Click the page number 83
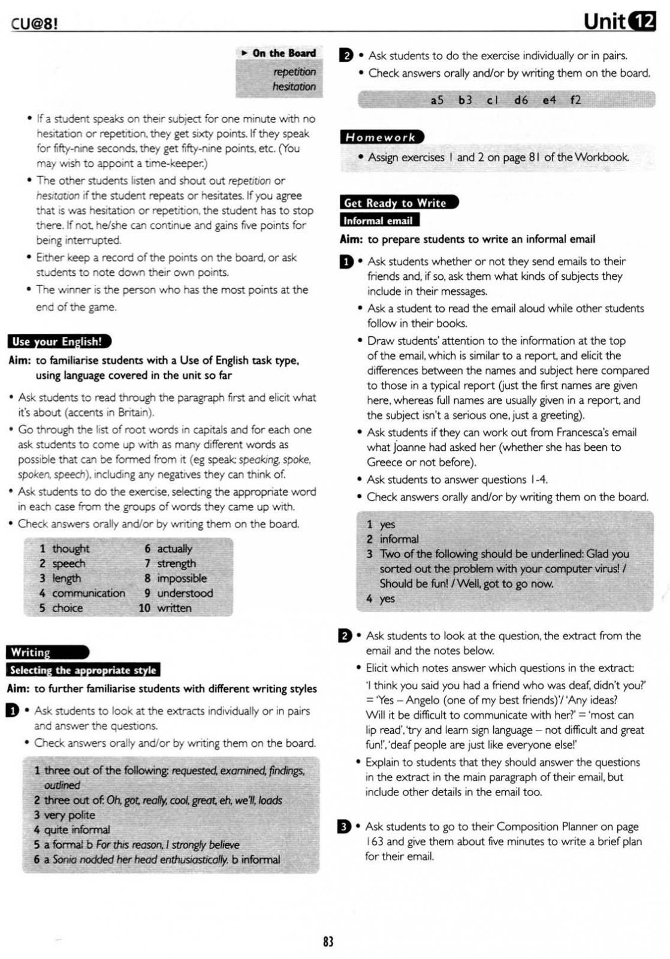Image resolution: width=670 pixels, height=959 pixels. tap(328, 941)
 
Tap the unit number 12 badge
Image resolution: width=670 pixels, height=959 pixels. tap(643, 22)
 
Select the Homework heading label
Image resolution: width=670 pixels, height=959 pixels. tap(381, 137)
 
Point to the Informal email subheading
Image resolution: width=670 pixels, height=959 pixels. tap(379, 221)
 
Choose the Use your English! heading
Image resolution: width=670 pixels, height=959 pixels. tap(58, 342)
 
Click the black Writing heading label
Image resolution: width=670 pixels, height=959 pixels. tap(47, 652)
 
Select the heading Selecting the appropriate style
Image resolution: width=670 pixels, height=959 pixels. tap(83, 670)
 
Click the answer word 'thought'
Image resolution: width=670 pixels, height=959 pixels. tap(71, 548)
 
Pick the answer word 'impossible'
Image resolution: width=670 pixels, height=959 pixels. tap(182, 578)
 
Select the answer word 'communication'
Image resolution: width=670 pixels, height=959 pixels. tap(89, 593)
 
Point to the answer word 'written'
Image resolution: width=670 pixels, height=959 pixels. tap(174, 608)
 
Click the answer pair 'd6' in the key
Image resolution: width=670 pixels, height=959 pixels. tap(521, 100)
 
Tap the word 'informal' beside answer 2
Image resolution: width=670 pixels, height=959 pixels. tap(399, 539)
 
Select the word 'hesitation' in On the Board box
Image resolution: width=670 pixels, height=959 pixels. tap(294, 86)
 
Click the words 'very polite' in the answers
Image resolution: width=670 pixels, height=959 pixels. tap(70, 815)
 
